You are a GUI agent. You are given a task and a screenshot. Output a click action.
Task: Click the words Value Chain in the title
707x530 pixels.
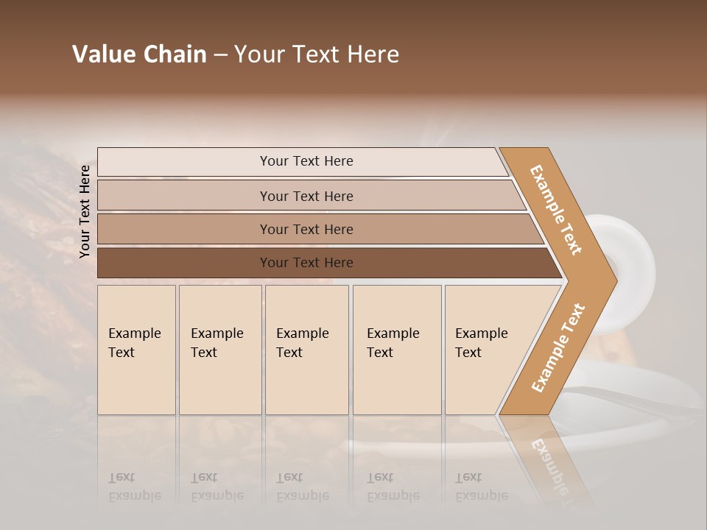[x=139, y=54]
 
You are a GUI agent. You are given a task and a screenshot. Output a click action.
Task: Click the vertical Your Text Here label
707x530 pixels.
[x=85, y=211]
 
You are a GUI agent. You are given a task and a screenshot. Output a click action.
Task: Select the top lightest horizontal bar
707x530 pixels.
[x=184, y=162]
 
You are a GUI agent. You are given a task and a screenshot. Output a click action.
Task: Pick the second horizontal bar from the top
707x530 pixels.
[x=184, y=196]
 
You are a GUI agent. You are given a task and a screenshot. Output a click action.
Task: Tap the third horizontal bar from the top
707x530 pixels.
[x=184, y=229]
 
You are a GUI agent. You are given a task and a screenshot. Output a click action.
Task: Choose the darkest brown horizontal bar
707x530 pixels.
[x=184, y=263]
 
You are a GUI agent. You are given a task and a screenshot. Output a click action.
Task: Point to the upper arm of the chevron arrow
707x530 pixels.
[x=556, y=210]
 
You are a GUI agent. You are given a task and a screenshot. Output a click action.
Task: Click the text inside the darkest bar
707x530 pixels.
[x=306, y=263]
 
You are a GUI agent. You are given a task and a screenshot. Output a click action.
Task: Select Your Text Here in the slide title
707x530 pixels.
[x=317, y=54]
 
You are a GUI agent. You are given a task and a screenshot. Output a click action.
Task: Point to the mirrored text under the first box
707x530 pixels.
[x=134, y=487]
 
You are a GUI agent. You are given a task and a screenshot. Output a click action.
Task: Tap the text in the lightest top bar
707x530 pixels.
[x=306, y=161]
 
